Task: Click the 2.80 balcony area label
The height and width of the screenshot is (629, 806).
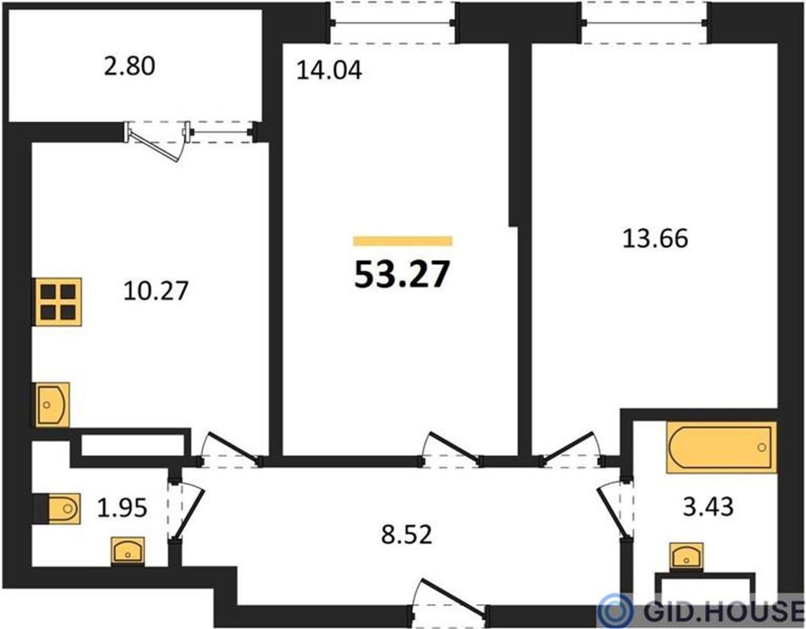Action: coord(129,67)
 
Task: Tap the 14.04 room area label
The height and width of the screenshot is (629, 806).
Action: coord(329,70)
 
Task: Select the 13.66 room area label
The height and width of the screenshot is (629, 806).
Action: coord(655,239)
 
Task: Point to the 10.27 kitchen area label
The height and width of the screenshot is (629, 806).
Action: coord(156,291)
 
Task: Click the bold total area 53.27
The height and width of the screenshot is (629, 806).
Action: coord(402,275)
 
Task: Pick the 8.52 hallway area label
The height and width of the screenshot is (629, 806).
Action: coord(406,535)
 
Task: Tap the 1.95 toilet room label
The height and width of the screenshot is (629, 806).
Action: coord(122,508)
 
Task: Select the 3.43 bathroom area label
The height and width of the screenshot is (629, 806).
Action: coord(708,507)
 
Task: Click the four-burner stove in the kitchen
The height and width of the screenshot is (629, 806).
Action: coord(58,302)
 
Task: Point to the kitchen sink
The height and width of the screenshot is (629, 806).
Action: coord(52,404)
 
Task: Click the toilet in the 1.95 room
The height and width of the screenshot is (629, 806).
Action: coord(57,509)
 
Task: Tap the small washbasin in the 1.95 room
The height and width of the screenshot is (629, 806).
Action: coord(128,552)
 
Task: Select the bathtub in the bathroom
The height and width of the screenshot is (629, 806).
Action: coord(721,448)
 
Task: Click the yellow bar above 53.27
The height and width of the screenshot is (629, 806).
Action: coord(402,242)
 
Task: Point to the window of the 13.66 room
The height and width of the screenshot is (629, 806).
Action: coord(645,23)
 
